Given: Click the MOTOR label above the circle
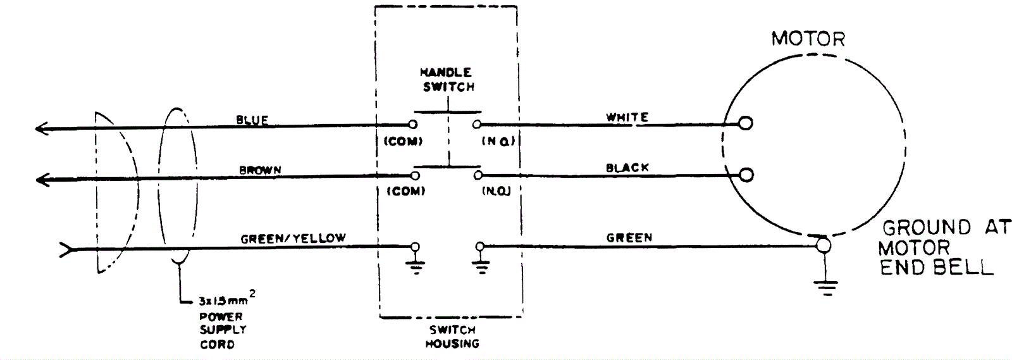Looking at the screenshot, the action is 808,39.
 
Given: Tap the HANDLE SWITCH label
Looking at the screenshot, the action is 448,80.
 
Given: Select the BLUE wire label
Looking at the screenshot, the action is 252,120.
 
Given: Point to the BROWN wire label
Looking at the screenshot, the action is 260,170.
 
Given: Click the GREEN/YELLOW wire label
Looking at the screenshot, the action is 293,239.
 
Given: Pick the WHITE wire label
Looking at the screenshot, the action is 627,118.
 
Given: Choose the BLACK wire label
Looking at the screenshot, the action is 627,168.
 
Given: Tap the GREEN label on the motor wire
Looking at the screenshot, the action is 629,238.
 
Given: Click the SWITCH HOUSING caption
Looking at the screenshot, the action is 452,337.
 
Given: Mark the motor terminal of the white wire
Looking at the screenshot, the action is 746,123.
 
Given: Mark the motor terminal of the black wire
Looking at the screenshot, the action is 746,174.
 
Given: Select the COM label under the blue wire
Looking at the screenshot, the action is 403,142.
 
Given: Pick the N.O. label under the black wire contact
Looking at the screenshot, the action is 496,191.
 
